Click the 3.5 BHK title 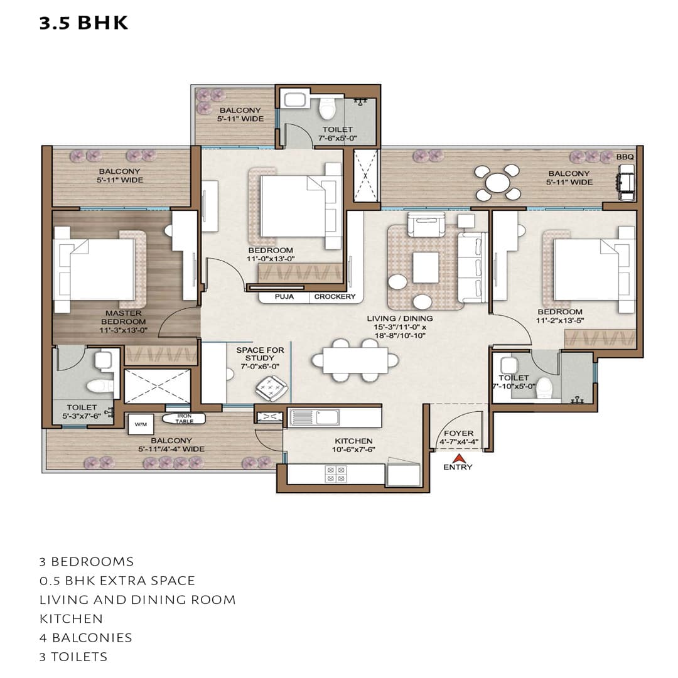click(83, 23)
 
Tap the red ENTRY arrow click(458, 458)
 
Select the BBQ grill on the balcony click(626, 178)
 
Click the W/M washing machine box click(139, 424)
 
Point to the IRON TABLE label click(184, 419)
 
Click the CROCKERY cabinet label click(335, 297)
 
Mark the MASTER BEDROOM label click(123, 318)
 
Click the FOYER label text click(458, 433)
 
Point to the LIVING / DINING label click(400, 318)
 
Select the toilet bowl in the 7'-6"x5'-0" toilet click(327, 109)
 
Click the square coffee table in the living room click(426, 267)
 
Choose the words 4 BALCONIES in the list click(86, 638)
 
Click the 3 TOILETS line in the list click(73, 657)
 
